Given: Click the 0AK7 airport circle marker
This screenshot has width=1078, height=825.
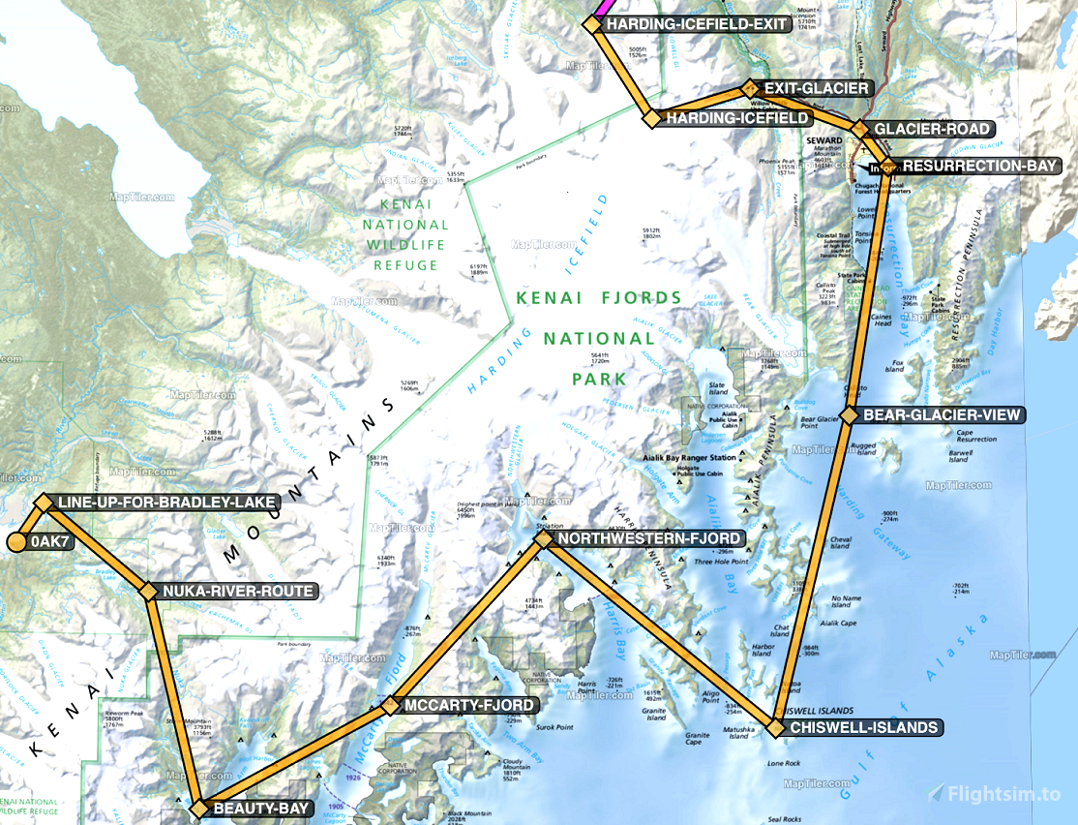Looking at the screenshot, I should click(x=16, y=541).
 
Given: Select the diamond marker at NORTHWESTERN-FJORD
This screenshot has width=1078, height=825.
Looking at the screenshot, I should click(x=543, y=538).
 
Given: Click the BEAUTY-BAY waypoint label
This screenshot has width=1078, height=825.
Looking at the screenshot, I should click(x=261, y=809).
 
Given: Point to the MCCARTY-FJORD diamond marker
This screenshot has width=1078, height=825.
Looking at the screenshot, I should click(x=389, y=706).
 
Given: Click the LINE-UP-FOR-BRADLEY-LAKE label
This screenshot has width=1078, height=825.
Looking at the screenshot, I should click(x=167, y=503).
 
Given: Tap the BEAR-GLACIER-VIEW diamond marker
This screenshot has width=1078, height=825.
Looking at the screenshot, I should click(x=849, y=414).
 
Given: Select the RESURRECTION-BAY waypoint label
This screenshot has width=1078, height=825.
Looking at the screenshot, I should click(x=979, y=166).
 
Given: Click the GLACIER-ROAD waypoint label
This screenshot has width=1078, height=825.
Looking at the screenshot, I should click(x=932, y=129).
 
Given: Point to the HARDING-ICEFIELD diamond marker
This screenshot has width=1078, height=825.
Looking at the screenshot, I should click(x=651, y=118).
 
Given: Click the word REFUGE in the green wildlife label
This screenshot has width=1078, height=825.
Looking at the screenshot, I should click(x=404, y=263).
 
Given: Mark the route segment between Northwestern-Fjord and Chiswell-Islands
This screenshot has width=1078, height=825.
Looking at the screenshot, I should click(x=658, y=632).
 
